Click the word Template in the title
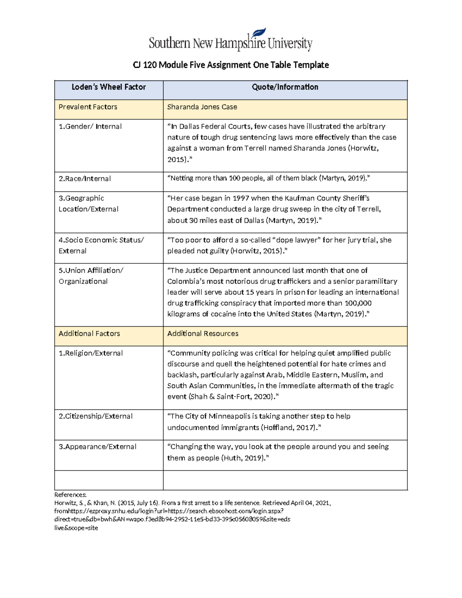[x=311, y=65]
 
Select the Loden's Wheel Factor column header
[x=109, y=87]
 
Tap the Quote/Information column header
[x=285, y=87]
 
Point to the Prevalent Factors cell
[x=88, y=107]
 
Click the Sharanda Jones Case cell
[x=202, y=107]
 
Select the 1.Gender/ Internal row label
[x=90, y=127]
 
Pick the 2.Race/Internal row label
[x=85, y=179]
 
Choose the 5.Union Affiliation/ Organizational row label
[x=90, y=276]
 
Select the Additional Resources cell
[x=203, y=334]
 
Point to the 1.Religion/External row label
[x=90, y=353]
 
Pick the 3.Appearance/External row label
[x=97, y=447]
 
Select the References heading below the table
[x=70, y=495]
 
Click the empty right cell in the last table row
[x=285, y=480]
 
